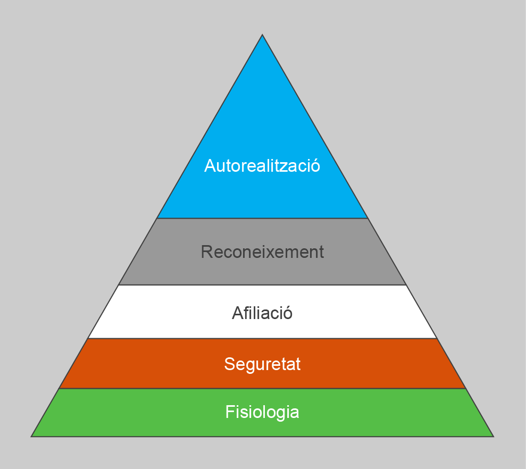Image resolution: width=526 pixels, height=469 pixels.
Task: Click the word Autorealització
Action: (x=262, y=166)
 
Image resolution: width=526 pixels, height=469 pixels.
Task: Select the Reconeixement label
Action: (x=262, y=252)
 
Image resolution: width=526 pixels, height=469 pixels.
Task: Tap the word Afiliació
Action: (x=262, y=313)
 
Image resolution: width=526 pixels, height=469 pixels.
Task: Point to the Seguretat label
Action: (x=262, y=364)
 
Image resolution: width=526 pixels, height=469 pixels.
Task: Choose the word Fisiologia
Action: (x=262, y=412)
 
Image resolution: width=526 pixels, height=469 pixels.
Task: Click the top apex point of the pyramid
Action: (x=262, y=35)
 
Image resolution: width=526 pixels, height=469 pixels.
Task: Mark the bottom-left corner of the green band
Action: (x=32, y=436)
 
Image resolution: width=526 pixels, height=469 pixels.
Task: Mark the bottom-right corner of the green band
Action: (x=493, y=436)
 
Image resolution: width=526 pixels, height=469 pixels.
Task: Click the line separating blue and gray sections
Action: (x=262, y=218)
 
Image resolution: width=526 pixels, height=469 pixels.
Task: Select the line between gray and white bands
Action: (x=262, y=285)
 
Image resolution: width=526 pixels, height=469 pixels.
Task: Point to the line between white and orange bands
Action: (x=262, y=338)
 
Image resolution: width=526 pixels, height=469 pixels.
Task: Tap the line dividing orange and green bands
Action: (x=262, y=389)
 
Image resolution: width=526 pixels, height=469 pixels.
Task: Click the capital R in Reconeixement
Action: (x=206, y=252)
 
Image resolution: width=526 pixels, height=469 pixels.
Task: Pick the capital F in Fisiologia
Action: (x=229, y=412)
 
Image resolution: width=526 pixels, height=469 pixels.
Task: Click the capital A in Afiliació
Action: (x=237, y=313)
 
